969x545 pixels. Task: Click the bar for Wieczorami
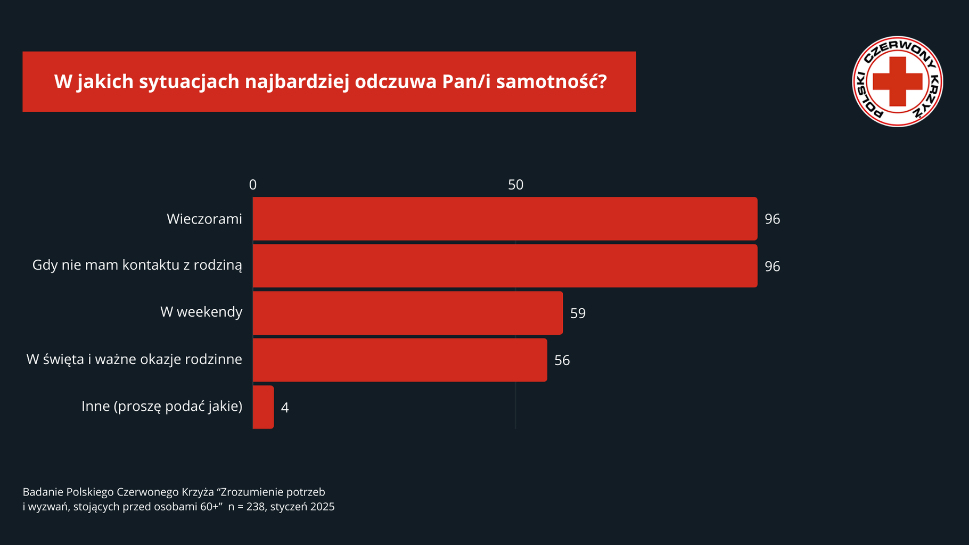505,219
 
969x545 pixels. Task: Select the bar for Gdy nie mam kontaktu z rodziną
505,266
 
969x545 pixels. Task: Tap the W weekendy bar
408,313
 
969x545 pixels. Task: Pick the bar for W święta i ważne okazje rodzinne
400,360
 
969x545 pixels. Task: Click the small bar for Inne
263,407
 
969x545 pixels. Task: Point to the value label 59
578,313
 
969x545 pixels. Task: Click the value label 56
562,360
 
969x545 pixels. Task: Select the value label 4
285,408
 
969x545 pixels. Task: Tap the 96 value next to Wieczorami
773,219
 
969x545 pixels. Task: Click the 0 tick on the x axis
253,185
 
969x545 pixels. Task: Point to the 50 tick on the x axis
515,185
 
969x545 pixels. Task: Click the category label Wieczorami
204,219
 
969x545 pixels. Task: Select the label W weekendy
201,312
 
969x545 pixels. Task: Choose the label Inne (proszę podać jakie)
162,406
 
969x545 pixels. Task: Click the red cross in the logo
898,81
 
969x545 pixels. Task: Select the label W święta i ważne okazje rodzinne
134,359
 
